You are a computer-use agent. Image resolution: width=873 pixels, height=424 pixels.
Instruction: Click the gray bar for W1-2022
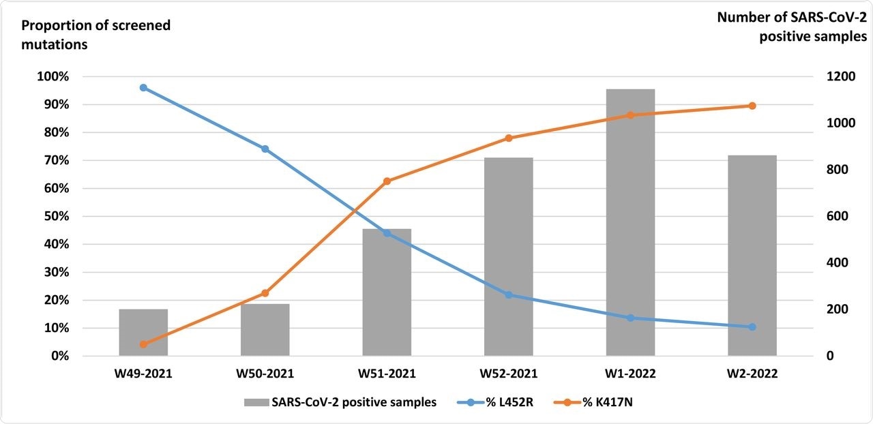pos(630,225)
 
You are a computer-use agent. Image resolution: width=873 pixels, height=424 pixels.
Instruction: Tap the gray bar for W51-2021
pos(387,293)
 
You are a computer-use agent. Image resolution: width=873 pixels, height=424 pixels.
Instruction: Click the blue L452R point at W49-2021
pos(143,87)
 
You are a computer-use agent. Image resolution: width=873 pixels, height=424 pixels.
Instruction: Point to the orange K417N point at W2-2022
pos(752,106)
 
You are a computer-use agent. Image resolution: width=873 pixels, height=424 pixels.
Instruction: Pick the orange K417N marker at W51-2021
pos(387,181)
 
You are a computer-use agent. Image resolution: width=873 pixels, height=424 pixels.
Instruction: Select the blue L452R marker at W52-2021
pos(509,295)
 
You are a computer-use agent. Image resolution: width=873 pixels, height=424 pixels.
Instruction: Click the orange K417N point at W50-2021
pos(265,293)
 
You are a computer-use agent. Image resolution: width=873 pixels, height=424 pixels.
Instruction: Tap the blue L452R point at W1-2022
pos(630,318)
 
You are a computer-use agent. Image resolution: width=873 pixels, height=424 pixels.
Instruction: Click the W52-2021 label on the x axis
pos(509,374)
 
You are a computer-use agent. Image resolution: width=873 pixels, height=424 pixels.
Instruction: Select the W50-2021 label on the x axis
pos(265,374)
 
